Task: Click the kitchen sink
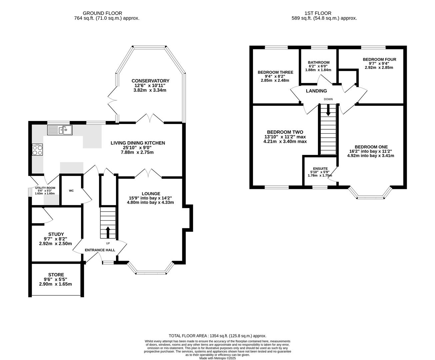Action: pyautogui.click(x=60, y=130)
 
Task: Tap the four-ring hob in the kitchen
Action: pyautogui.click(x=37, y=150)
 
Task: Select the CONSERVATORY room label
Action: pyautogui.click(x=150, y=81)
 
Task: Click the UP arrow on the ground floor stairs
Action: pyautogui.click(x=108, y=232)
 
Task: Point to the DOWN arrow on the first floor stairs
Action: pyautogui.click(x=328, y=110)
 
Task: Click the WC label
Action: pyautogui.click(x=71, y=191)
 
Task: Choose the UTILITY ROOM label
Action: pyautogui.click(x=45, y=188)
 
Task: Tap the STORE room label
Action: pyautogui.click(x=56, y=275)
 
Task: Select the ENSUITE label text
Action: pyautogui.click(x=320, y=169)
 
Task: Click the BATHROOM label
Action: pyautogui.click(x=319, y=62)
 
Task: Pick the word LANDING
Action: pyautogui.click(x=316, y=91)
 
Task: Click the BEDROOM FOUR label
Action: pyautogui.click(x=380, y=59)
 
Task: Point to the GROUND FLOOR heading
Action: pyautogui.click(x=103, y=13)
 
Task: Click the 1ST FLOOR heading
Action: pyautogui.click(x=318, y=13)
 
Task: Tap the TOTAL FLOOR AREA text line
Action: pyautogui.click(x=217, y=336)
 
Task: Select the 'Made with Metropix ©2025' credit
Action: pyautogui.click(x=217, y=358)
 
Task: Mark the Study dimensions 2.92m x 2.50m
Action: pyautogui.click(x=55, y=244)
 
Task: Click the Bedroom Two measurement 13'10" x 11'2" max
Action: pyautogui.click(x=285, y=137)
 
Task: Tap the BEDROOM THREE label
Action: pyautogui.click(x=275, y=72)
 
